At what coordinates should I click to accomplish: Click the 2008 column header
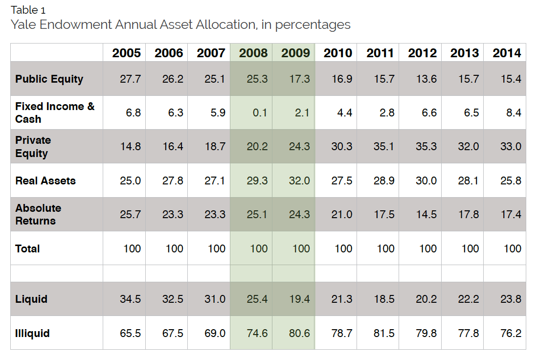click(x=253, y=53)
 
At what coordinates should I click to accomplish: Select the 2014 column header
click(x=507, y=53)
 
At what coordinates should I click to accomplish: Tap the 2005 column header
click(x=126, y=53)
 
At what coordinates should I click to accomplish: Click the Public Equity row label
click(x=49, y=79)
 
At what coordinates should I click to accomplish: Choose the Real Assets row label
click(x=45, y=180)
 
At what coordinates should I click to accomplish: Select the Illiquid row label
click(x=32, y=333)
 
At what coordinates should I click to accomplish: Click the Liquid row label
click(x=31, y=299)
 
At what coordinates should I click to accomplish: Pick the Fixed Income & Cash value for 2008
click(x=260, y=112)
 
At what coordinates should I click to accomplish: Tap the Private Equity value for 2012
click(x=426, y=147)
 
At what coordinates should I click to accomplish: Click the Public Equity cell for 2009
click(x=299, y=79)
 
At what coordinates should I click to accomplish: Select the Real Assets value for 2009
click(x=299, y=180)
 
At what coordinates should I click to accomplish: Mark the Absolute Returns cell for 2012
click(x=426, y=214)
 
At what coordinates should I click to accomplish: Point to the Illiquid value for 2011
click(x=384, y=333)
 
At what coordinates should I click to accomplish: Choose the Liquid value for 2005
click(x=130, y=299)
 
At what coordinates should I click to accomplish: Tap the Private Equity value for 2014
click(x=511, y=147)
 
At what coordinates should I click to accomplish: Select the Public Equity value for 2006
click(x=173, y=79)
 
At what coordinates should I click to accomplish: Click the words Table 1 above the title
click(x=28, y=10)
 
